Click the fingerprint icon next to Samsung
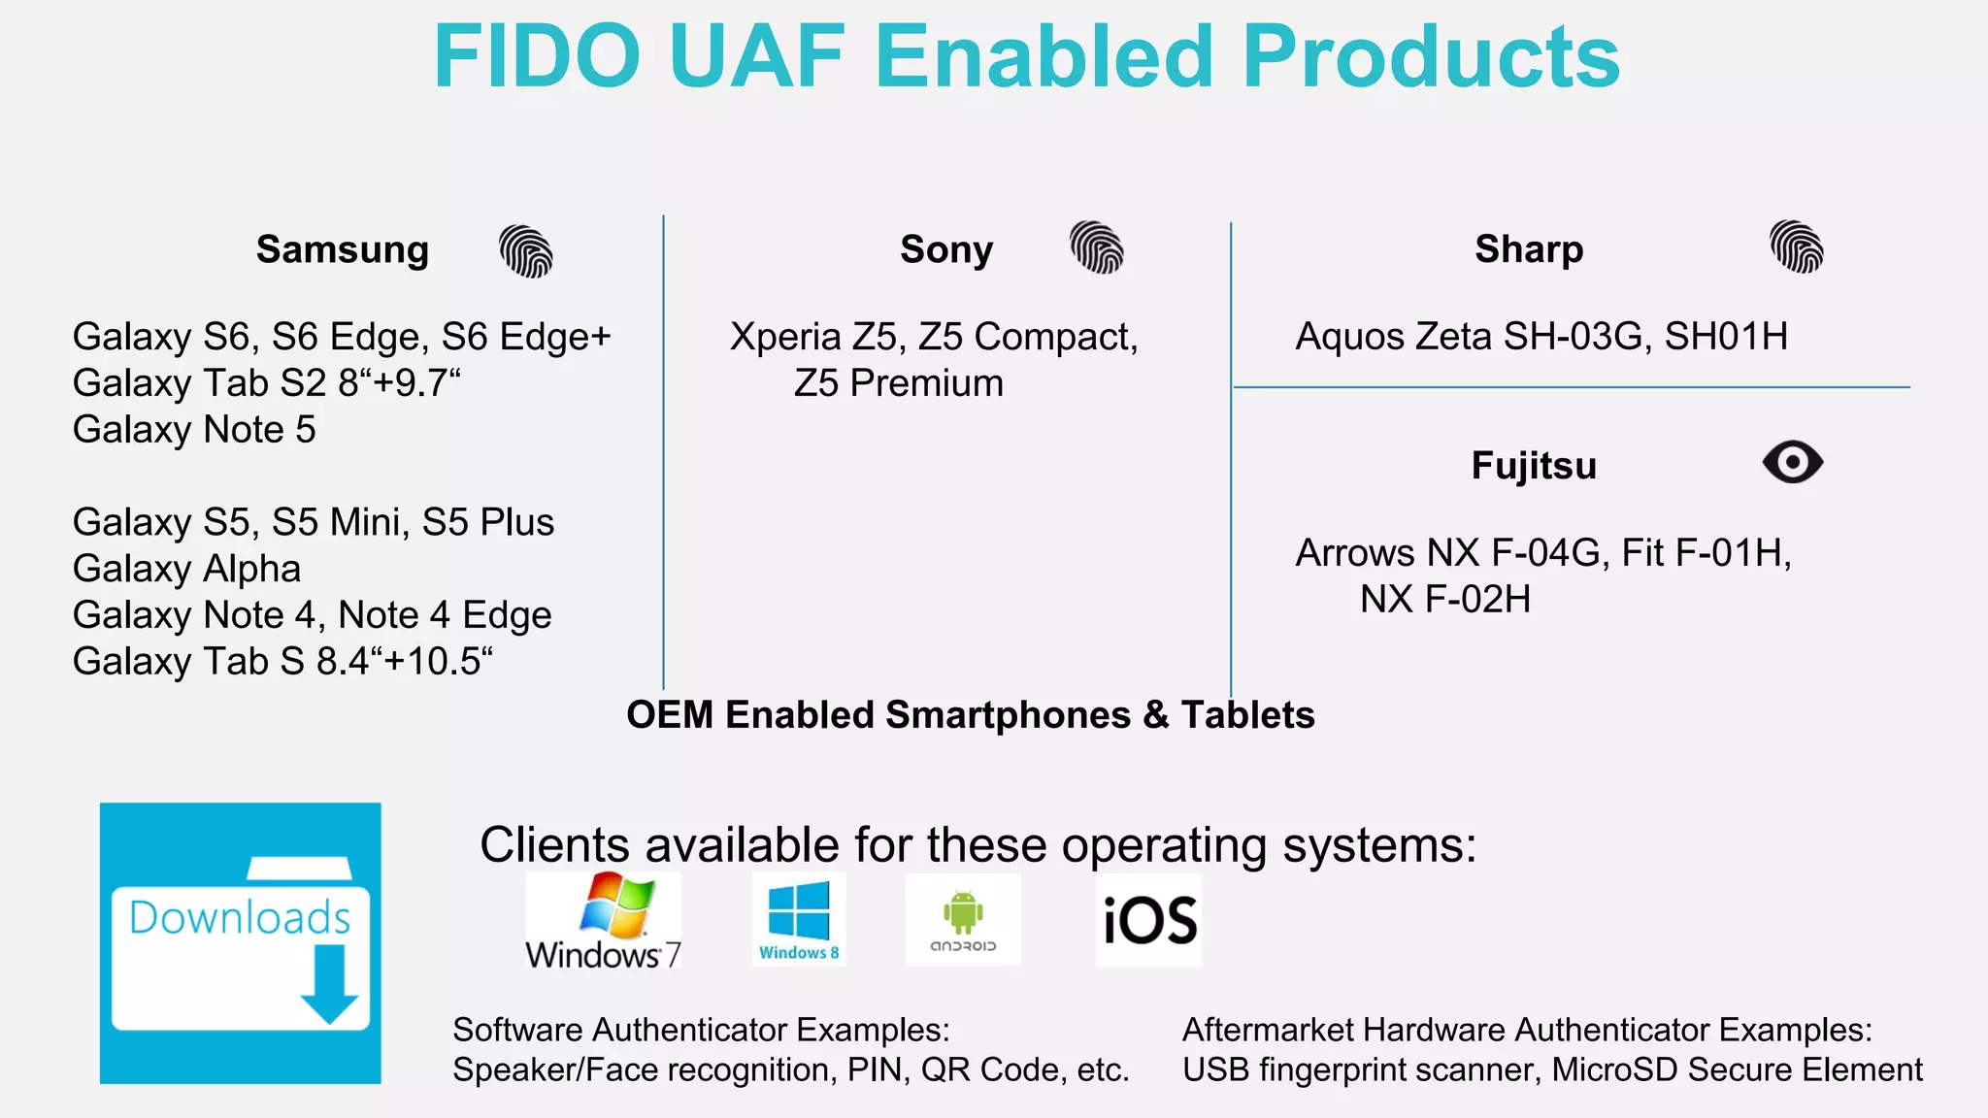tap(526, 251)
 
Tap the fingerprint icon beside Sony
tap(1097, 247)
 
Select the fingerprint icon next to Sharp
tap(1797, 247)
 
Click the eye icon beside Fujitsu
tap(1793, 462)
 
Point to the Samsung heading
tap(343, 249)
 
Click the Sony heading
tap(946, 249)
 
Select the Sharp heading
tap(1529, 249)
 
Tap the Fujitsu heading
tap(1534, 466)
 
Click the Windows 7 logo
tap(604, 920)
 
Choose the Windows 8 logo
tap(799, 919)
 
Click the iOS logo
tap(1149, 920)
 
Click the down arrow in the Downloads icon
tap(329, 984)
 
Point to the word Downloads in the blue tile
tap(240, 918)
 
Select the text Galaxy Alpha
tap(186, 569)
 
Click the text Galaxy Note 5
tap(194, 430)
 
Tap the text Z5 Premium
tap(899, 383)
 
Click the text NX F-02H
tap(1445, 600)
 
